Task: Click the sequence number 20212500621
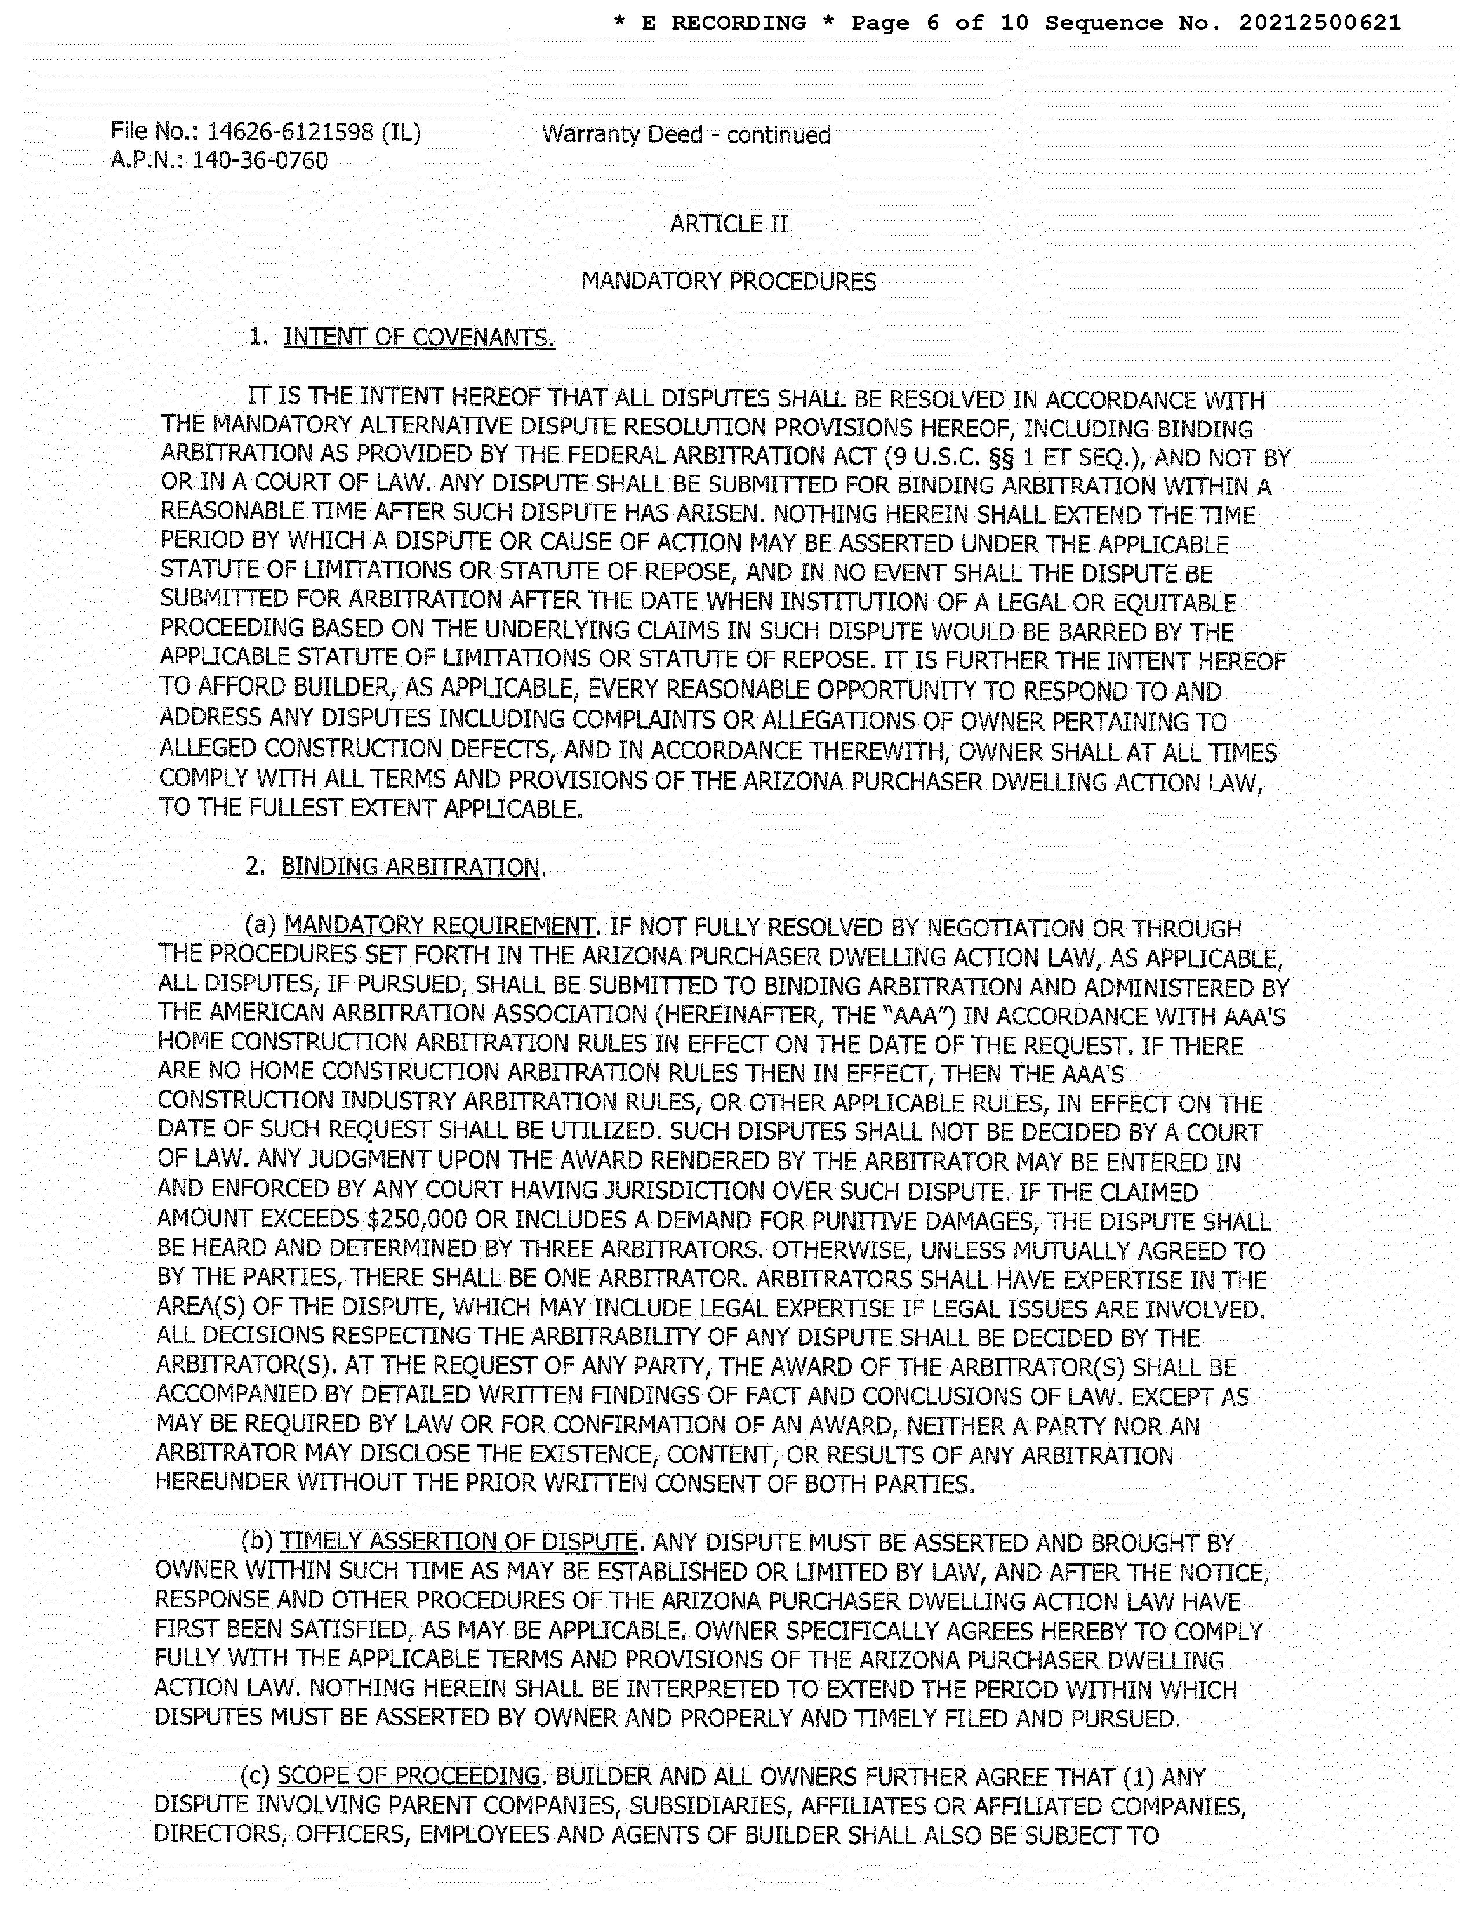(x=1320, y=23)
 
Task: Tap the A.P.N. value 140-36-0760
(x=260, y=161)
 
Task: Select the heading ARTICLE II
(x=729, y=224)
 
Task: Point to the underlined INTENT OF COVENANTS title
(x=418, y=337)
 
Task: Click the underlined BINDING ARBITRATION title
(x=410, y=867)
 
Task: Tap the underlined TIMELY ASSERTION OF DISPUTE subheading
(x=458, y=1542)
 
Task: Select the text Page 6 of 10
(x=939, y=23)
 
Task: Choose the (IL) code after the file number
(x=401, y=133)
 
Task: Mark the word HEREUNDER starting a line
(x=223, y=1483)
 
